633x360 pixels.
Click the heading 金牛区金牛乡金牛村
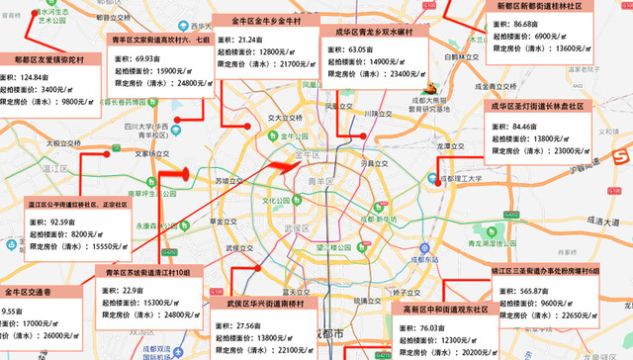pyautogui.click(x=274, y=20)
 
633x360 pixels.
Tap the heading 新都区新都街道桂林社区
pyautogui.click(x=546, y=6)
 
